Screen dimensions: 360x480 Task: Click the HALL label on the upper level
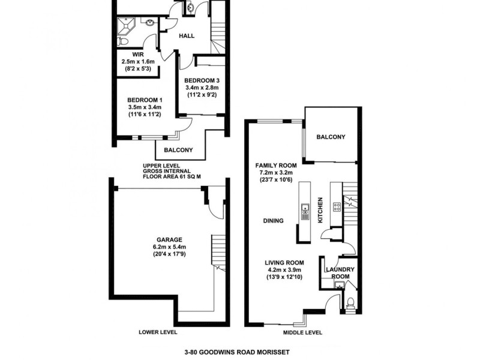[187, 36]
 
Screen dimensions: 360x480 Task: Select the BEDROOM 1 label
[144, 100]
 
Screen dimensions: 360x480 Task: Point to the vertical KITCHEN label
[320, 210]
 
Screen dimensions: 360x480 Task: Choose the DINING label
[273, 221]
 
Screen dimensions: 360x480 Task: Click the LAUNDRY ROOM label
[340, 273]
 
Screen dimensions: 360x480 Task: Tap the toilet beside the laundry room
[351, 302]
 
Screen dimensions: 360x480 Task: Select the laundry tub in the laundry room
[338, 284]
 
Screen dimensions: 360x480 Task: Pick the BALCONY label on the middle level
[331, 137]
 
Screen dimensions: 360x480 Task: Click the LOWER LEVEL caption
[158, 332]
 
